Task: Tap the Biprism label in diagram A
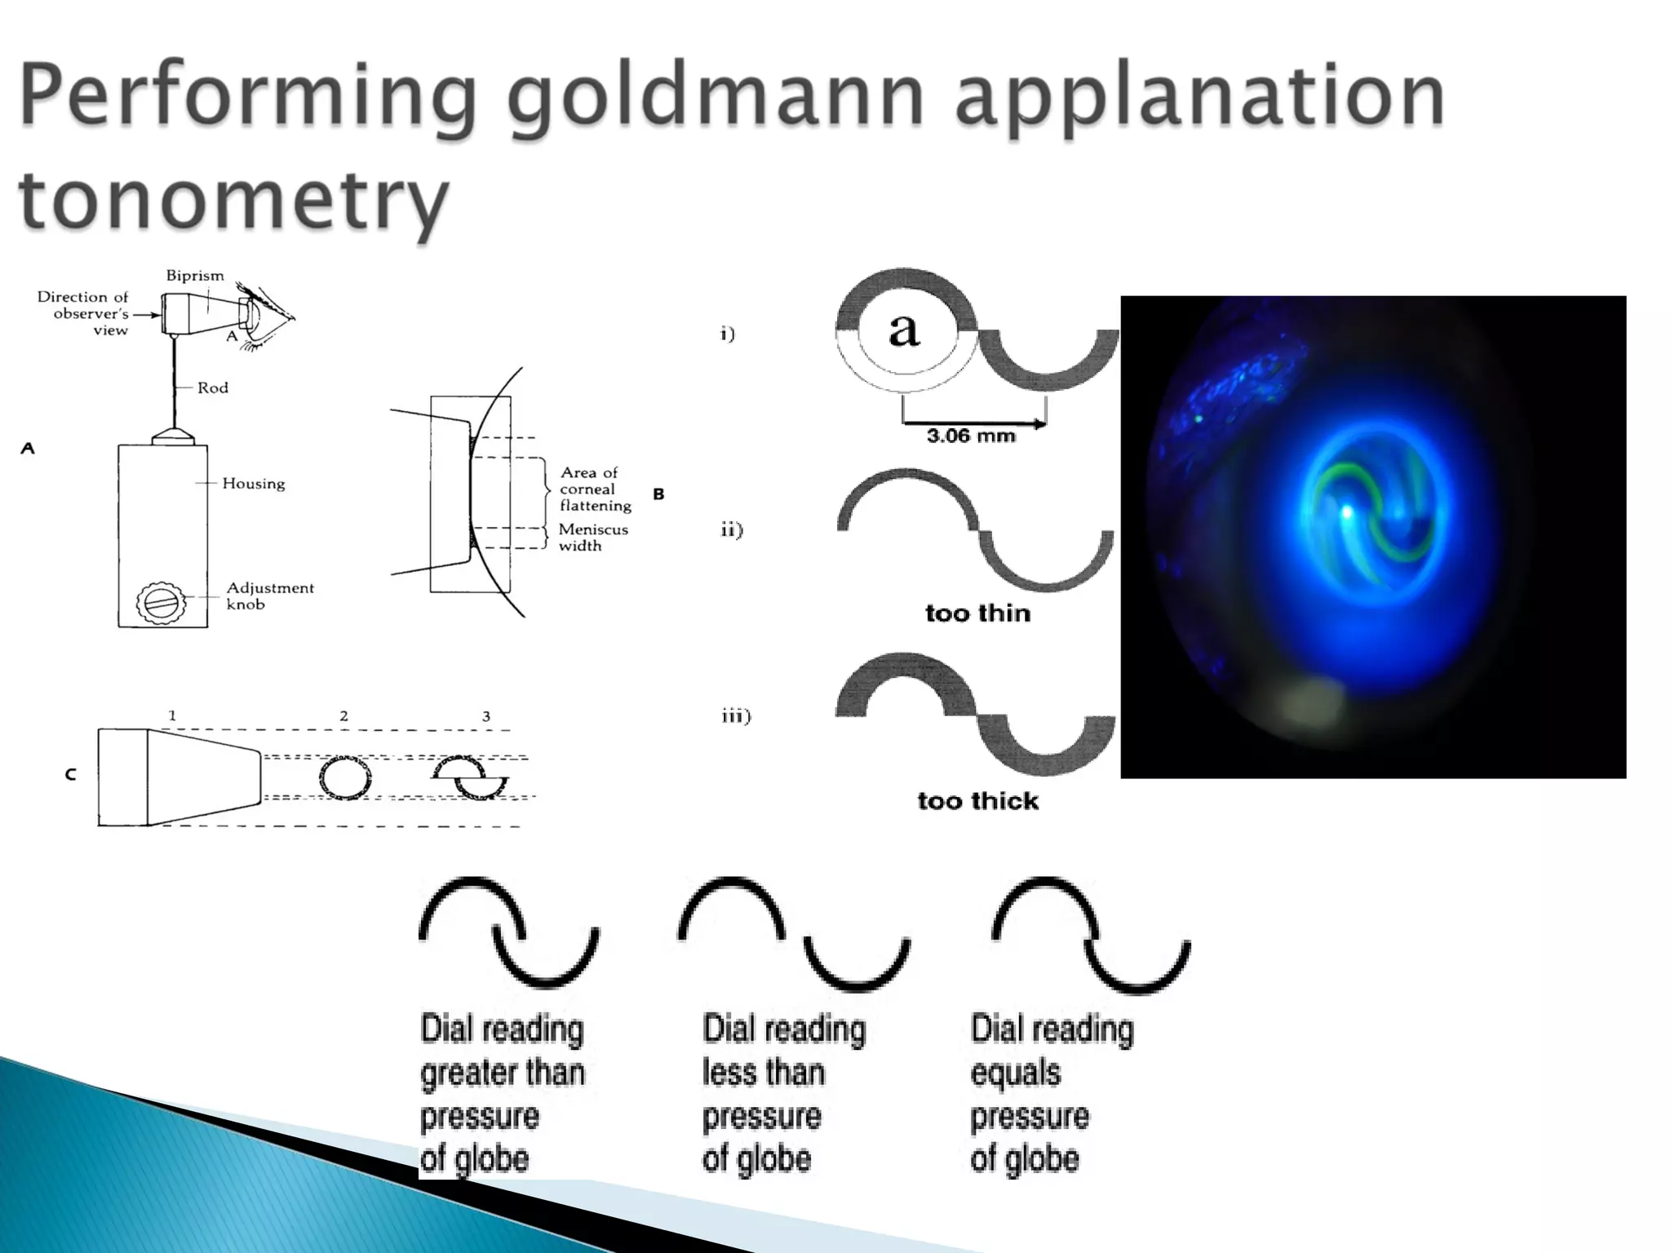[x=194, y=276]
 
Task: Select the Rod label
[x=212, y=387]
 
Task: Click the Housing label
[x=253, y=484]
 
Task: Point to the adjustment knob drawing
[x=160, y=604]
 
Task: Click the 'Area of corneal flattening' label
[x=595, y=489]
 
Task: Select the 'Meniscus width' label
[x=592, y=537]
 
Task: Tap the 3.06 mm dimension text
[x=971, y=436]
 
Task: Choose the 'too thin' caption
[x=977, y=613]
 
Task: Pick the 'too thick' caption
[x=977, y=800]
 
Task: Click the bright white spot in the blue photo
[x=1347, y=511]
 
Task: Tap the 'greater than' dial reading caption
[x=502, y=1072]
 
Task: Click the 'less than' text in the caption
[x=763, y=1072]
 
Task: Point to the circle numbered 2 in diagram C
[x=344, y=778]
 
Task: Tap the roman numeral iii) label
[x=736, y=716]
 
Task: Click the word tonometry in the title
[x=235, y=198]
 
